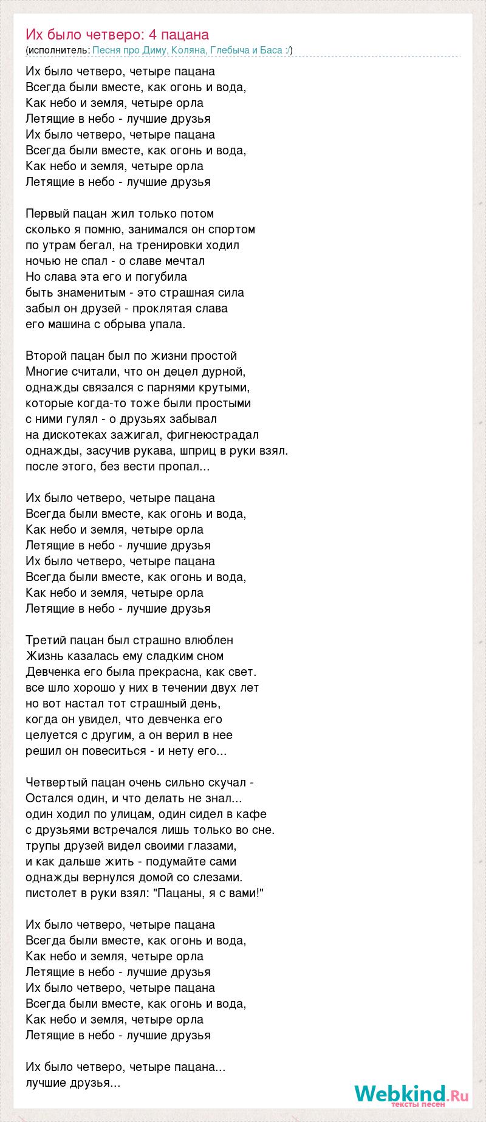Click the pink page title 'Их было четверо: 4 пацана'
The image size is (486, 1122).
(117, 34)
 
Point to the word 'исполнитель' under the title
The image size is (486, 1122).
(58, 50)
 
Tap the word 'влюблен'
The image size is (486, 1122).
(210, 641)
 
